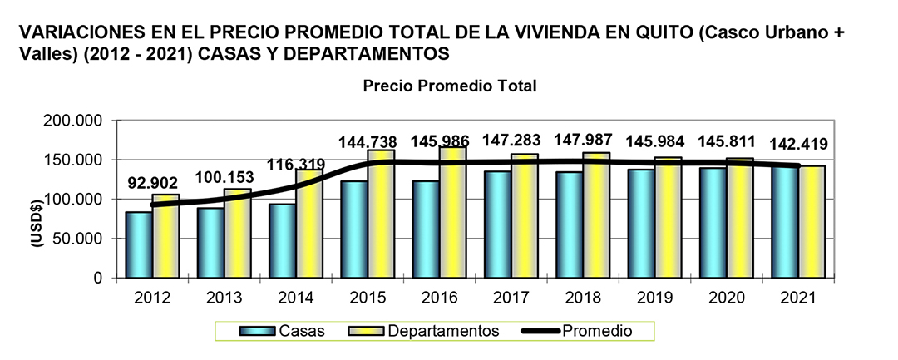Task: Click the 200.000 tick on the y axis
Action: [75, 121]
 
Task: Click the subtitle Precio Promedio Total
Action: [450, 86]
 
